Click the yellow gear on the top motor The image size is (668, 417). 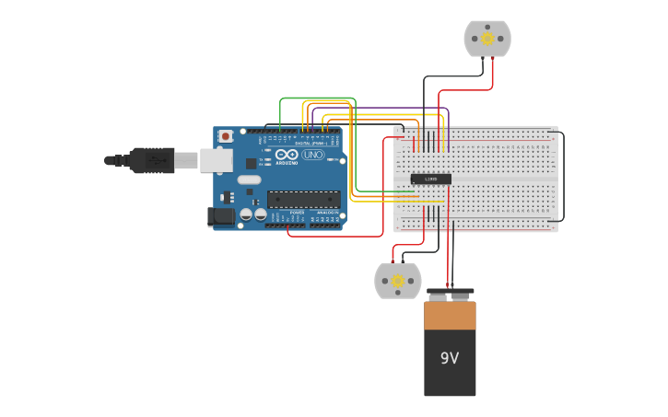pyautogui.click(x=487, y=40)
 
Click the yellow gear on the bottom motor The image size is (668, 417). pyautogui.click(x=398, y=281)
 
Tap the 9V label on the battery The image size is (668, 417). pyautogui.click(x=450, y=358)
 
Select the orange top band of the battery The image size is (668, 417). pyautogui.click(x=450, y=315)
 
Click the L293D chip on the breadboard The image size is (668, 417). pyautogui.click(x=430, y=179)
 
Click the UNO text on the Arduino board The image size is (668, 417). pyautogui.click(x=313, y=155)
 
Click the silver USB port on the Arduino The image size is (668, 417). pyautogui.click(x=217, y=160)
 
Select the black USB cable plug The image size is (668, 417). pyautogui.click(x=152, y=160)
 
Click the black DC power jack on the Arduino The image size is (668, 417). pyautogui.click(x=221, y=216)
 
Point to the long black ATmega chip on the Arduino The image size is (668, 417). pyautogui.click(x=303, y=199)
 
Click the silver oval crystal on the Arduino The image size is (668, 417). pyautogui.click(x=250, y=192)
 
